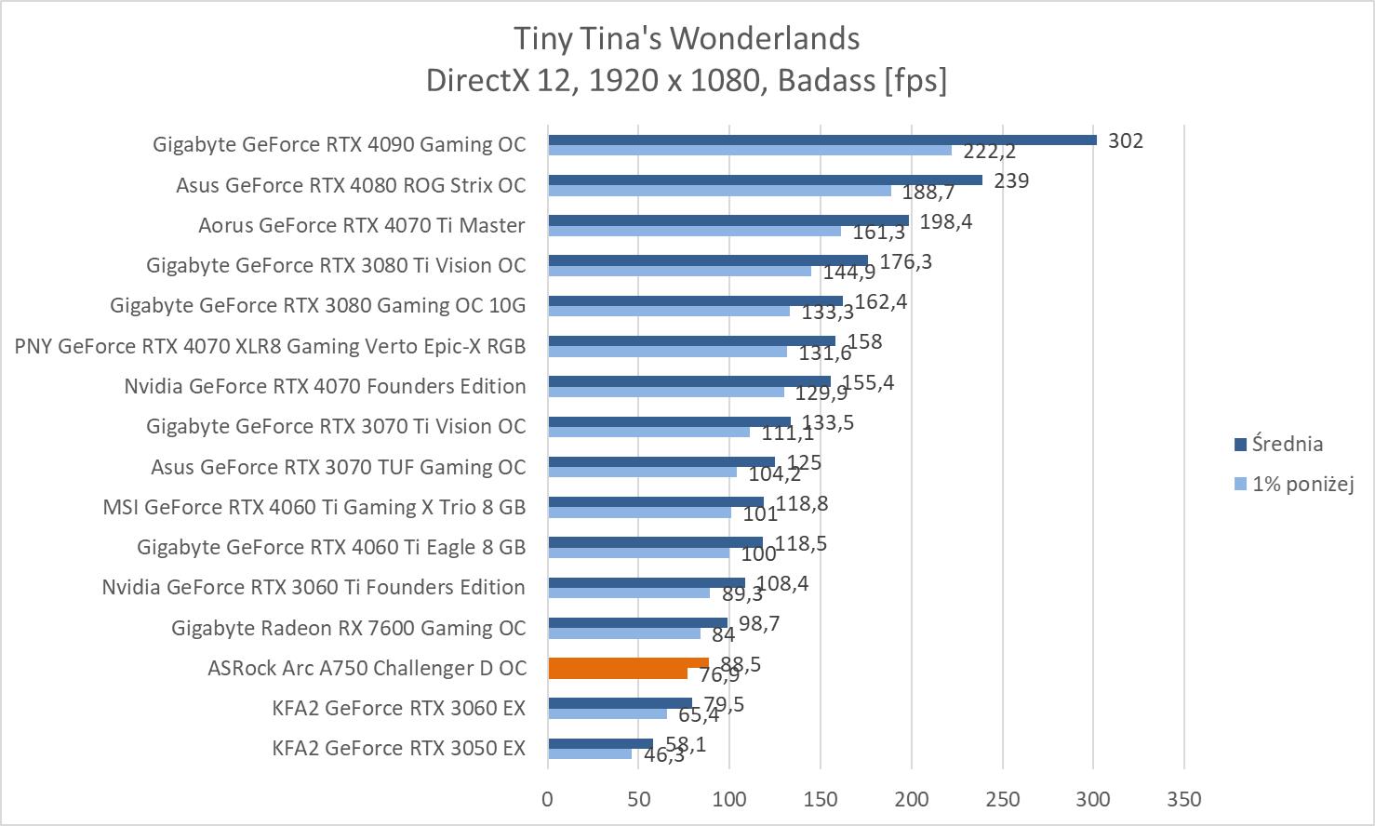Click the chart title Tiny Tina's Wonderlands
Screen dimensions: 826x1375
(687, 39)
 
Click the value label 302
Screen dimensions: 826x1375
(1126, 141)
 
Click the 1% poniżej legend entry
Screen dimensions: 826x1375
(1302, 485)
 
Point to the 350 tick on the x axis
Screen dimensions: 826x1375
(1183, 799)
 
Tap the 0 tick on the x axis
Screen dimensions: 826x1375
(548, 799)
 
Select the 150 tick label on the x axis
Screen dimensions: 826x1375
(821, 799)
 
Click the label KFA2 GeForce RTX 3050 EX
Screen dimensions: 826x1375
(398, 749)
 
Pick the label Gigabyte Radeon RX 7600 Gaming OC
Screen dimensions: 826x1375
(348, 629)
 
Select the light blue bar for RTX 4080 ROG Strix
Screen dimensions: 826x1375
(719, 191)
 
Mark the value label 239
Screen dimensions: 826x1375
(1011, 181)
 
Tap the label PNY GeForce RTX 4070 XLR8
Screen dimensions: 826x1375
(270, 347)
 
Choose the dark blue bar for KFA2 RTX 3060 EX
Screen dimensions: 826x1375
(620, 703)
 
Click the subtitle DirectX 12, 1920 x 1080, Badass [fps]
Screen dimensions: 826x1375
(687, 81)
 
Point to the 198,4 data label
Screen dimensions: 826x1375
(945, 222)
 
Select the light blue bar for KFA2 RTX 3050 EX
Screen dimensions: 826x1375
(589, 753)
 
